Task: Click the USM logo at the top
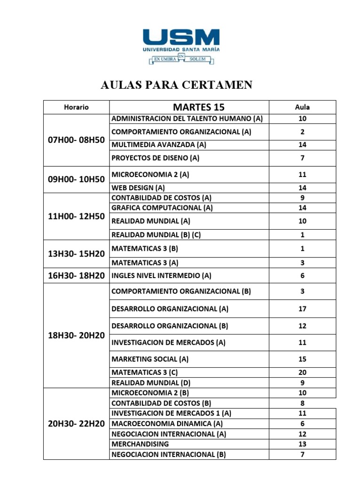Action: point(181,46)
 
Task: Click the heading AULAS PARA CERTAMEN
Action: point(177,85)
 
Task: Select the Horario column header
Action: point(76,107)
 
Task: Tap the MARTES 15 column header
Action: point(188,107)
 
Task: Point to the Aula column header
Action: point(302,107)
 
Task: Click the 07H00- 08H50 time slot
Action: point(77,140)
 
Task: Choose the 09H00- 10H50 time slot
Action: point(77,179)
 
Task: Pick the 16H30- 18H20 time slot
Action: point(77,276)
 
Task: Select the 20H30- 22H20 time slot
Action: point(77,423)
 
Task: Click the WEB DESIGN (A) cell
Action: point(138,188)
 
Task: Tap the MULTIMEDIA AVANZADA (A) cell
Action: point(159,145)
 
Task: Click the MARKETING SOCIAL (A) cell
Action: point(150,359)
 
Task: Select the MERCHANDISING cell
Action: point(140,444)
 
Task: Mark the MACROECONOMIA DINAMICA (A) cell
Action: point(167,424)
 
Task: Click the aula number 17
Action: point(302,309)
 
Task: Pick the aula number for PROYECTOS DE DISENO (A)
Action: point(302,158)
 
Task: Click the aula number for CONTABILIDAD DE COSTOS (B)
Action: point(302,403)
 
